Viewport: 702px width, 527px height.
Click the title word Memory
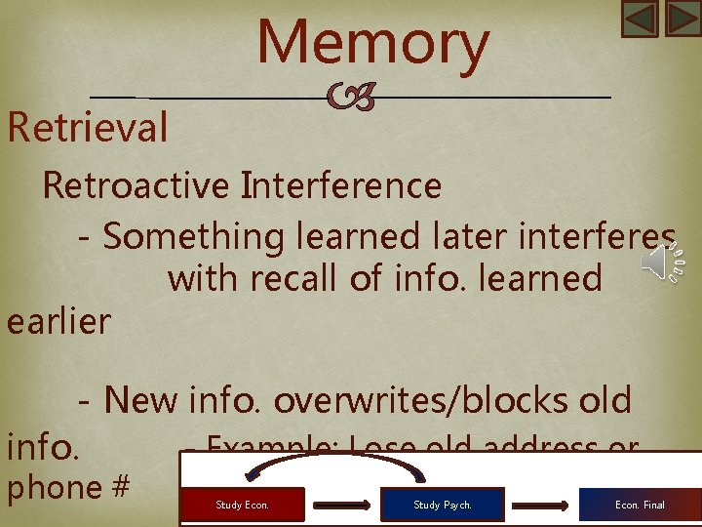pos(373,44)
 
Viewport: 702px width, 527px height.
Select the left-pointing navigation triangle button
pos(640,19)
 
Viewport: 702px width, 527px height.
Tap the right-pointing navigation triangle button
pos(682,19)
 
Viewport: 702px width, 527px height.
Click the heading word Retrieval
pos(88,128)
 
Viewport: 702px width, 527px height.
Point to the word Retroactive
pos(134,184)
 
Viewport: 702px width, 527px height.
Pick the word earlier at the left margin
pos(58,321)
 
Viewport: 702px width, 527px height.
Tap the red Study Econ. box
pos(243,505)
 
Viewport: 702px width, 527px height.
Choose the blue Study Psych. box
pos(442,505)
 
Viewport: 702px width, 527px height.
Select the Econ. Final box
pos(640,505)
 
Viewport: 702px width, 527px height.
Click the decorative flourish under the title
pos(350,98)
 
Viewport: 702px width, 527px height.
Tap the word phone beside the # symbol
pos(55,486)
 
